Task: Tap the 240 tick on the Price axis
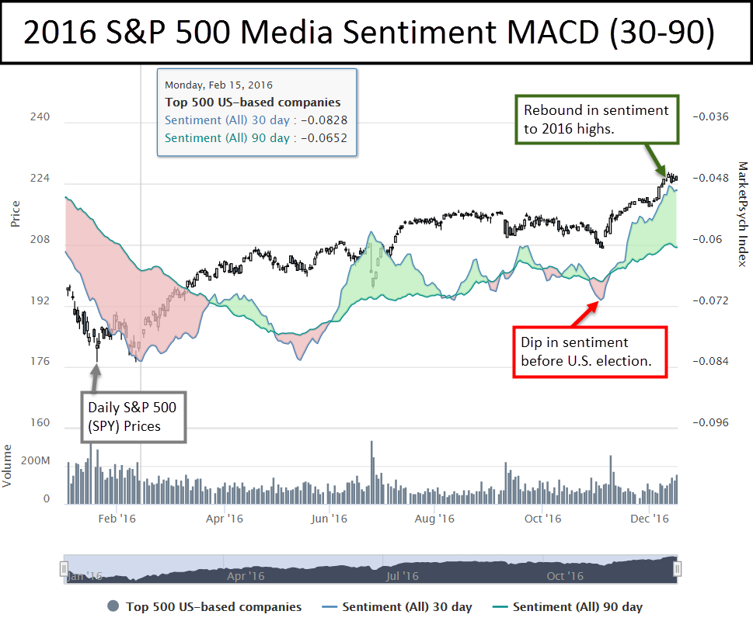point(40,117)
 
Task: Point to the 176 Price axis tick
point(40,362)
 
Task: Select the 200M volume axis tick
point(35,461)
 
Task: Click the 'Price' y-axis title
point(15,214)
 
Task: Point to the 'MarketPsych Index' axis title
point(741,214)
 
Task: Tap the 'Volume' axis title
point(8,465)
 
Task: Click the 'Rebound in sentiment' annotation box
point(596,120)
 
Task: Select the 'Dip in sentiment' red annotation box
point(590,352)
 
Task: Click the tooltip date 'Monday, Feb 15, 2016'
point(219,85)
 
